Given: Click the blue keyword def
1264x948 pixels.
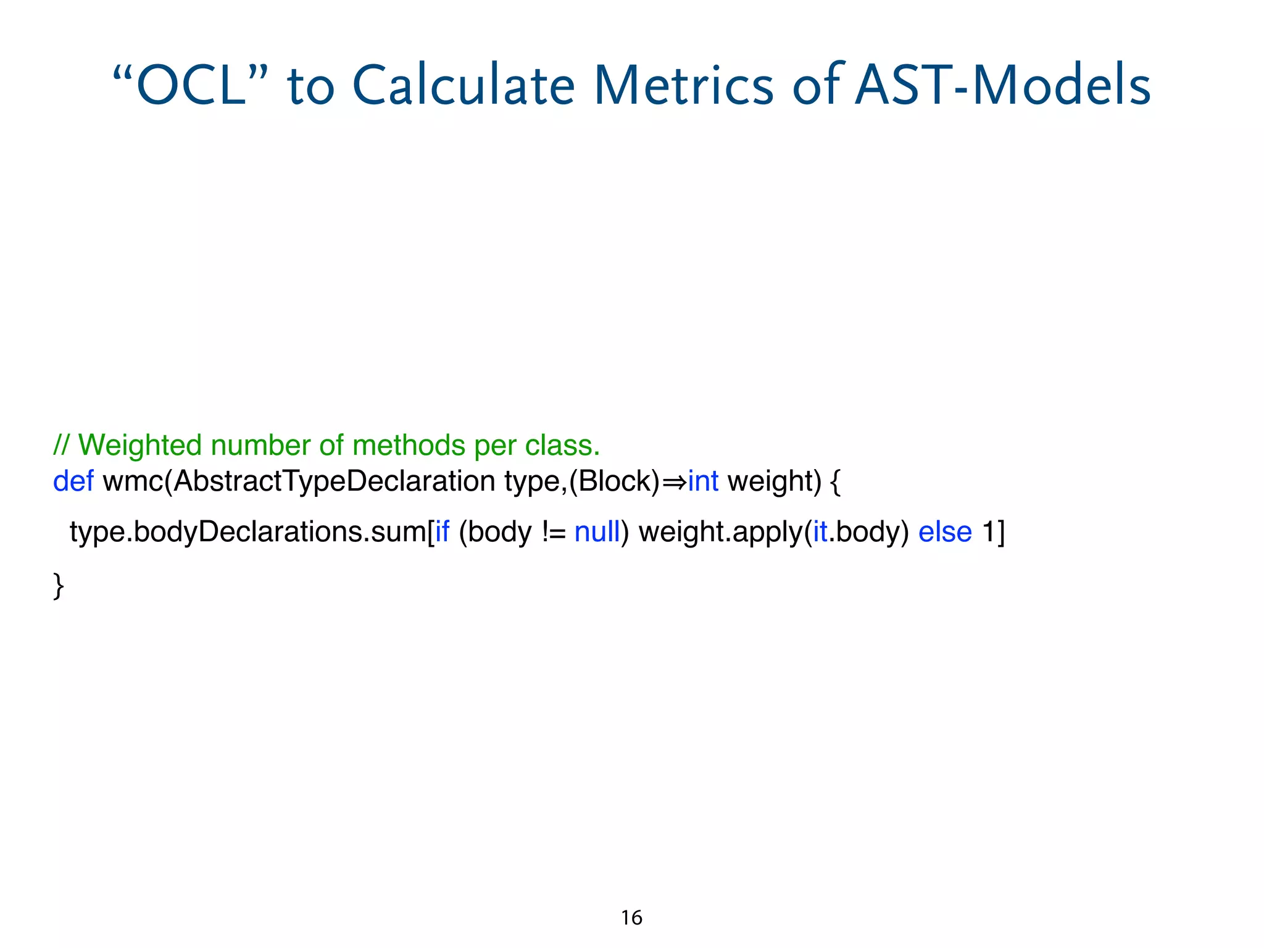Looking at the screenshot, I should point(73,481).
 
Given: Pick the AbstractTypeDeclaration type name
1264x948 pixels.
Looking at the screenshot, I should point(334,481).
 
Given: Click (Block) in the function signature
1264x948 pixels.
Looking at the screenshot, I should point(615,481).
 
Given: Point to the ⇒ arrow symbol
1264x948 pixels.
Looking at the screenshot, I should point(674,481).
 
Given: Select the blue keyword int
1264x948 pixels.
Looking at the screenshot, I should point(703,481).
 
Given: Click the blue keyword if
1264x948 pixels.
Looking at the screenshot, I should point(442,531).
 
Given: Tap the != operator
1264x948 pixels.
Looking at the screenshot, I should point(554,532).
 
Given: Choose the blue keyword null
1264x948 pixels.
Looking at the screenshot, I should point(597,531).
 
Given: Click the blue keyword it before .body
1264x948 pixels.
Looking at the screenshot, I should point(820,531).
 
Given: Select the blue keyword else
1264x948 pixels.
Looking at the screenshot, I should point(945,531).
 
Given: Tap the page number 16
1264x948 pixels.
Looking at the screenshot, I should point(631,918).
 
